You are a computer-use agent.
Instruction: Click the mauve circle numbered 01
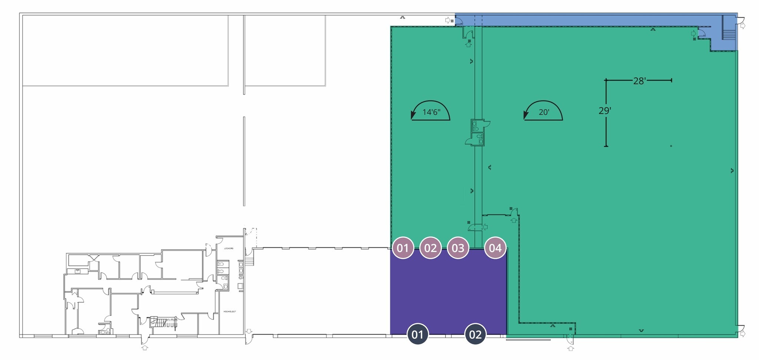click(403, 248)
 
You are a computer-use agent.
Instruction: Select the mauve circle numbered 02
click(430, 248)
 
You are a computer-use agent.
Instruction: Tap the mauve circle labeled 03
click(458, 248)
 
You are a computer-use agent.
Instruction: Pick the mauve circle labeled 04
click(495, 248)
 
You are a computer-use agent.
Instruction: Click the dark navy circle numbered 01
click(418, 334)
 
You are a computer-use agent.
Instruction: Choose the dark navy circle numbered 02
click(475, 334)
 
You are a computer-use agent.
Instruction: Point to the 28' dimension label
click(639, 81)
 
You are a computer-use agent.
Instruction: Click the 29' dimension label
click(605, 110)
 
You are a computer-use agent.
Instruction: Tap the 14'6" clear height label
click(431, 112)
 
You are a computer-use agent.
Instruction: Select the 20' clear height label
click(544, 112)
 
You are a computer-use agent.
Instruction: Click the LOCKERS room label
click(229, 248)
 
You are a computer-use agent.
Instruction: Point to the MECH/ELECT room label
click(229, 311)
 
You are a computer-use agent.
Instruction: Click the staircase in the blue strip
click(728, 34)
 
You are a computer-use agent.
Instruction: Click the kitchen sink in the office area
click(78, 271)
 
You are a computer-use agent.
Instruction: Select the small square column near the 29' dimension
click(671, 146)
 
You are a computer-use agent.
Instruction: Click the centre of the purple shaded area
click(448, 291)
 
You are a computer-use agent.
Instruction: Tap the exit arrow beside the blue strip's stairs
click(742, 26)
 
